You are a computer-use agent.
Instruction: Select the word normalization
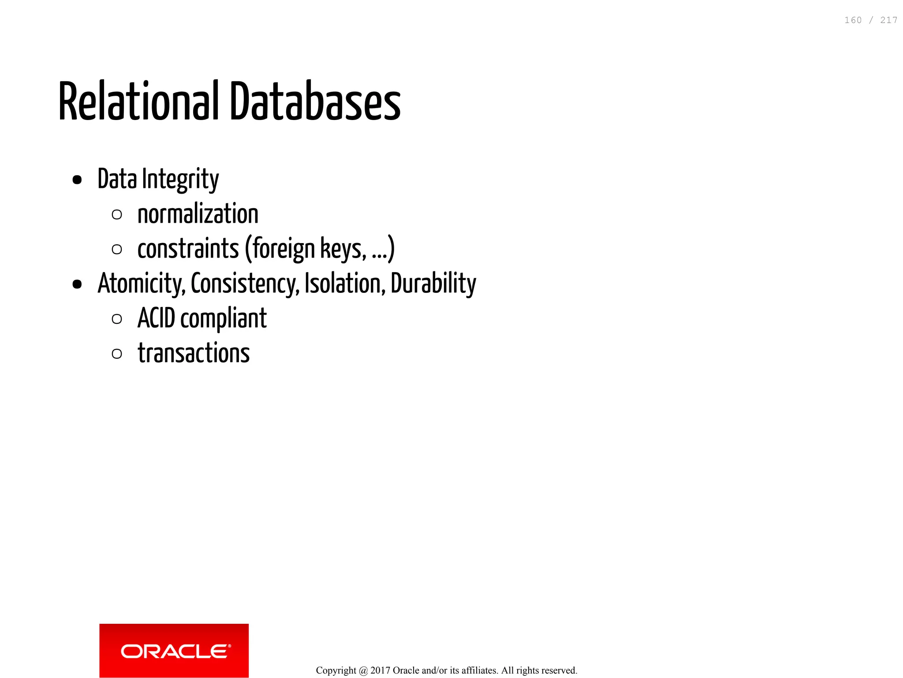(198, 214)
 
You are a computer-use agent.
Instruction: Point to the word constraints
(188, 249)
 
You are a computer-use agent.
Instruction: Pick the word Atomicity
(142, 284)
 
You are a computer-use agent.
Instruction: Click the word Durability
(433, 284)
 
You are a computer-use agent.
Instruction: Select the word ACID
(156, 318)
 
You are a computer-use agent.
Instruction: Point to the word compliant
(224, 318)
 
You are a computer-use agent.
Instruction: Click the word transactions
(194, 353)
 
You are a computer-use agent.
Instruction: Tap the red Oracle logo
(174, 651)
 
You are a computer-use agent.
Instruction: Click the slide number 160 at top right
(853, 20)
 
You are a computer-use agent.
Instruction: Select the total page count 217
(888, 20)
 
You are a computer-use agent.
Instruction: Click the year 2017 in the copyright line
(380, 671)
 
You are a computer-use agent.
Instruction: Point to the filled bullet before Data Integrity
(77, 180)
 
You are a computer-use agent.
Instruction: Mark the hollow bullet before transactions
(117, 354)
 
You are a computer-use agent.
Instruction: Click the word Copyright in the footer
(336, 671)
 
